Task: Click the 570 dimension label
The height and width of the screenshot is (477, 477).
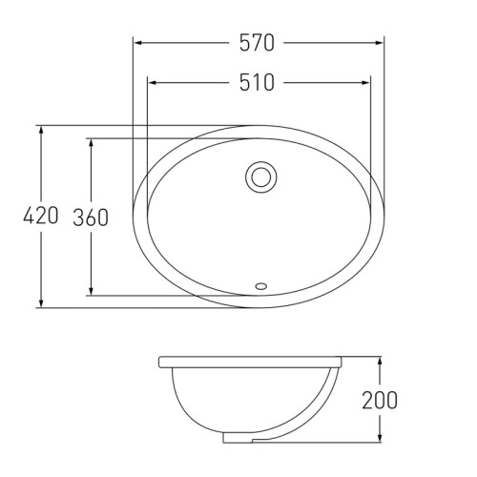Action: tap(257, 43)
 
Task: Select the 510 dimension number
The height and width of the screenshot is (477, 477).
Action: tap(257, 83)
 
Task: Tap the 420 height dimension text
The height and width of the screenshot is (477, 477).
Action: tap(41, 216)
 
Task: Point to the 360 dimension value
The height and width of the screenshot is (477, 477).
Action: tap(91, 218)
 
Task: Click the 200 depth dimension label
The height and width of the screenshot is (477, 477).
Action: tap(380, 400)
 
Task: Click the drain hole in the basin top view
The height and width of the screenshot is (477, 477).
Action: tap(260, 177)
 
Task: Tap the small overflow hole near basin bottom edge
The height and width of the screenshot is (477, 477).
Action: tap(261, 286)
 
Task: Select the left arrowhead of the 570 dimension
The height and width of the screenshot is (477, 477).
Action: tap(137, 43)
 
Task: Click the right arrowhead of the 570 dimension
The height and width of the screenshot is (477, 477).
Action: tap(379, 43)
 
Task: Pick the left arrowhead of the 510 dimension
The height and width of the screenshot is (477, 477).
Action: tap(153, 83)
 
